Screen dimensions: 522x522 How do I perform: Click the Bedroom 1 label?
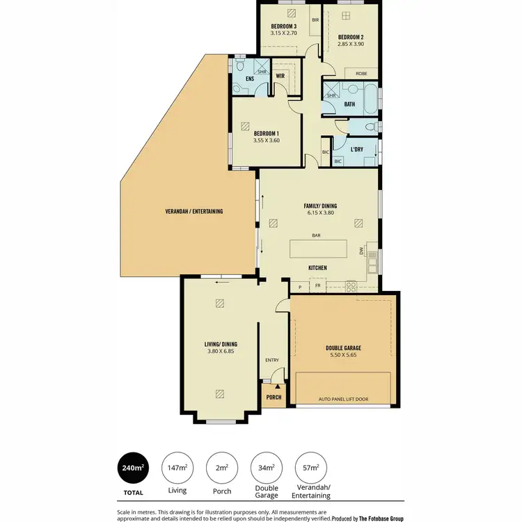pos(266,133)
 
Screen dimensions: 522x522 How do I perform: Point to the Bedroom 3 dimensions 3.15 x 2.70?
pos(284,33)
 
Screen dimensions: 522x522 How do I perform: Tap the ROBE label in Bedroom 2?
pos(361,73)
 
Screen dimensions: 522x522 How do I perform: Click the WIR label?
pos(280,75)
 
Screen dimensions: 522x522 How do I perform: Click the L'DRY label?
pos(356,149)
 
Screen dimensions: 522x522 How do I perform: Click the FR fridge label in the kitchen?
pos(318,286)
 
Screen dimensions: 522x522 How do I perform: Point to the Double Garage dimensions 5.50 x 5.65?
pos(343,355)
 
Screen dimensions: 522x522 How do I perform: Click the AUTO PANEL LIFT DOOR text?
pos(343,400)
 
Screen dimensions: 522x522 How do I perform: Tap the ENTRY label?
pos(271,360)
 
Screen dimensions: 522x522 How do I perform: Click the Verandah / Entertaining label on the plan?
pos(194,211)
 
